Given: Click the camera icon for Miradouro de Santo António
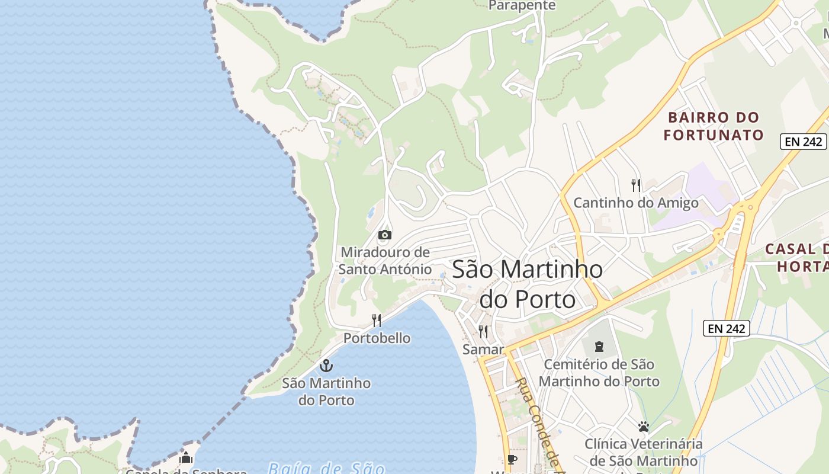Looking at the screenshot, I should pos(385,235).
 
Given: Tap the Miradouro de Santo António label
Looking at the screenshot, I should pos(385,261).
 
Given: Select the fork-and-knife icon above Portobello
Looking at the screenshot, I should pos(377,321).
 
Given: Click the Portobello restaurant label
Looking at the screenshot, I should pos(377,338).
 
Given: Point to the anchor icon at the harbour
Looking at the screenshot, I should pos(326,366).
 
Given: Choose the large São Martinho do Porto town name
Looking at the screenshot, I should pos(527,284).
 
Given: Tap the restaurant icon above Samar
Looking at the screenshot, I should pos(483,332).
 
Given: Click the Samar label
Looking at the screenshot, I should pos(483,350).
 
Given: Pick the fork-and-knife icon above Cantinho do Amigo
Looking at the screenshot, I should pos(636,185).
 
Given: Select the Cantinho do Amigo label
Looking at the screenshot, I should pos(636,203).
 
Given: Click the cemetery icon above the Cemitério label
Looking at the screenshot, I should pos(599,346).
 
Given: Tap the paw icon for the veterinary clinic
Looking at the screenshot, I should pos(644,426).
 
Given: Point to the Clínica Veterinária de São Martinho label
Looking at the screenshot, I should pos(644,452).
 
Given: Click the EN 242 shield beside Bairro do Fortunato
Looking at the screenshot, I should pos(803,142).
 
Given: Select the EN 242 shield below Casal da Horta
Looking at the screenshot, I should pos(727,328).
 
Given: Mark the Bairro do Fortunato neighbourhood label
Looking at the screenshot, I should pos(714,126).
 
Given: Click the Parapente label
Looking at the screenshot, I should pos(522,6).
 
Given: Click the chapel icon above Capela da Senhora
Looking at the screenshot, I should pos(186,458).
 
